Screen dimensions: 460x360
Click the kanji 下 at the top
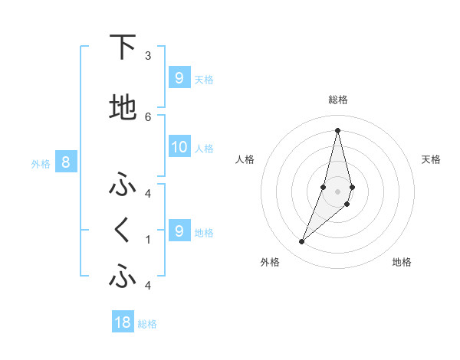click(x=122, y=47)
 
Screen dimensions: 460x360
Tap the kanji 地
click(x=122, y=108)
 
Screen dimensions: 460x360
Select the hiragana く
click(x=122, y=231)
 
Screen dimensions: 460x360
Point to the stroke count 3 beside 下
click(x=148, y=56)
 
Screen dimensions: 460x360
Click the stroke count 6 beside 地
click(x=148, y=116)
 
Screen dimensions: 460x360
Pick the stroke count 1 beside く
click(x=148, y=239)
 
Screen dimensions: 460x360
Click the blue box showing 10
click(x=179, y=148)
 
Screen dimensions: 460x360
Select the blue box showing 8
click(x=66, y=162)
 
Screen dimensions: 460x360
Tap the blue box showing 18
click(x=123, y=322)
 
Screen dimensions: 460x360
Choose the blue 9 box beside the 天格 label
click(x=179, y=78)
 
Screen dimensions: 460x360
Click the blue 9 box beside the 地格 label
click(x=179, y=231)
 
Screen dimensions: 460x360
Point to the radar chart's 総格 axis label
click(x=338, y=100)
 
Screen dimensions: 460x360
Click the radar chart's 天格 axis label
click(x=431, y=159)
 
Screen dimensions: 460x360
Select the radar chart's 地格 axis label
click(x=402, y=262)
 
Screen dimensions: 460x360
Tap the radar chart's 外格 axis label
click(x=270, y=262)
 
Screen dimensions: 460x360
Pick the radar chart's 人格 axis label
click(x=245, y=159)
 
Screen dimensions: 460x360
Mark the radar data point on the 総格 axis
click(x=338, y=130)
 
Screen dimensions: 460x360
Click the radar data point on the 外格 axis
click(x=302, y=242)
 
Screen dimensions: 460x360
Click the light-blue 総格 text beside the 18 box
click(x=147, y=324)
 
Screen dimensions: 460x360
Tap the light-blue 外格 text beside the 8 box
click(x=41, y=163)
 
